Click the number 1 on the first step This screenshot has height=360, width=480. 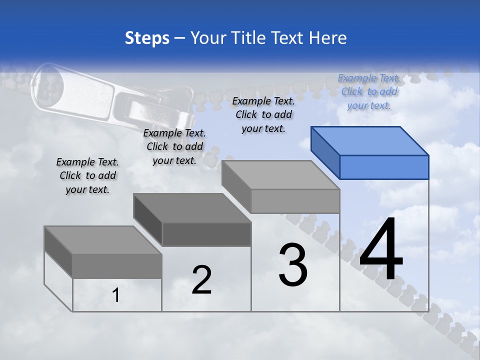(x=116, y=295)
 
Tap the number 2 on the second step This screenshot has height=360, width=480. (x=201, y=280)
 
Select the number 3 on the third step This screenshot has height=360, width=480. (x=293, y=265)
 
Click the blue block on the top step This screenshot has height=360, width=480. (x=370, y=152)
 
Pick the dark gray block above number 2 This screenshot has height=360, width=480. (x=192, y=220)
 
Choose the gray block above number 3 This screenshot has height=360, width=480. (x=281, y=187)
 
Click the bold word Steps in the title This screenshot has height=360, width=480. (x=147, y=38)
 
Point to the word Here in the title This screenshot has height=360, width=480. (x=328, y=38)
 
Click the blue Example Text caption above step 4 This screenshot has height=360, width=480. (x=369, y=91)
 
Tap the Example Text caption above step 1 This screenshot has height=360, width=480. (x=87, y=175)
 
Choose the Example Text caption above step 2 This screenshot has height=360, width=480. (x=174, y=146)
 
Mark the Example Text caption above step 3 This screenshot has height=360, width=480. (x=263, y=114)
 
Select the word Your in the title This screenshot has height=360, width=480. (x=209, y=38)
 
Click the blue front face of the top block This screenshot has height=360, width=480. (x=384, y=167)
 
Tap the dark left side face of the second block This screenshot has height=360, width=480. (x=148, y=218)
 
